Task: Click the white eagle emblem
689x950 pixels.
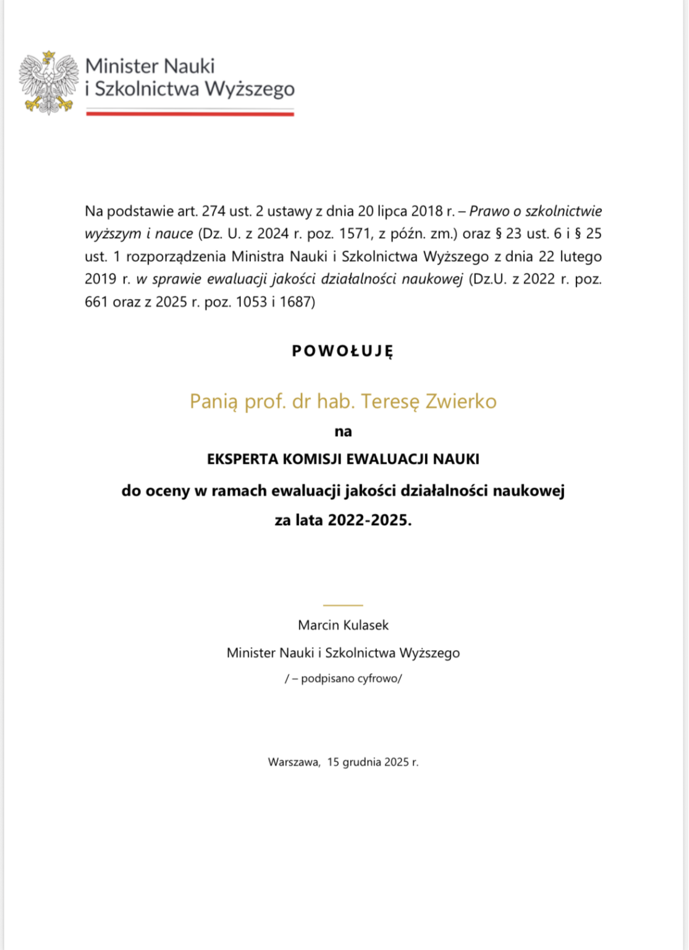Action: pos(49,83)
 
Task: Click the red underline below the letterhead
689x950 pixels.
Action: pos(190,114)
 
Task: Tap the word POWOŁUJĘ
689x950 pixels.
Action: pos(343,351)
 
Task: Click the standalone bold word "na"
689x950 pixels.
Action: pos(343,432)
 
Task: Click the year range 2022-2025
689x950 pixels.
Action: pos(368,520)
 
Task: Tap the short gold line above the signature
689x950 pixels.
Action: pos(343,605)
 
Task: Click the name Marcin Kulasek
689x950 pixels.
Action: pos(343,625)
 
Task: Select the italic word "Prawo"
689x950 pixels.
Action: pos(490,211)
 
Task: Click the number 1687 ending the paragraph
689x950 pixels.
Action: pos(295,302)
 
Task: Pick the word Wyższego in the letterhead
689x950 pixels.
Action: pos(249,89)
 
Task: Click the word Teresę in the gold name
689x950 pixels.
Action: pos(391,401)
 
